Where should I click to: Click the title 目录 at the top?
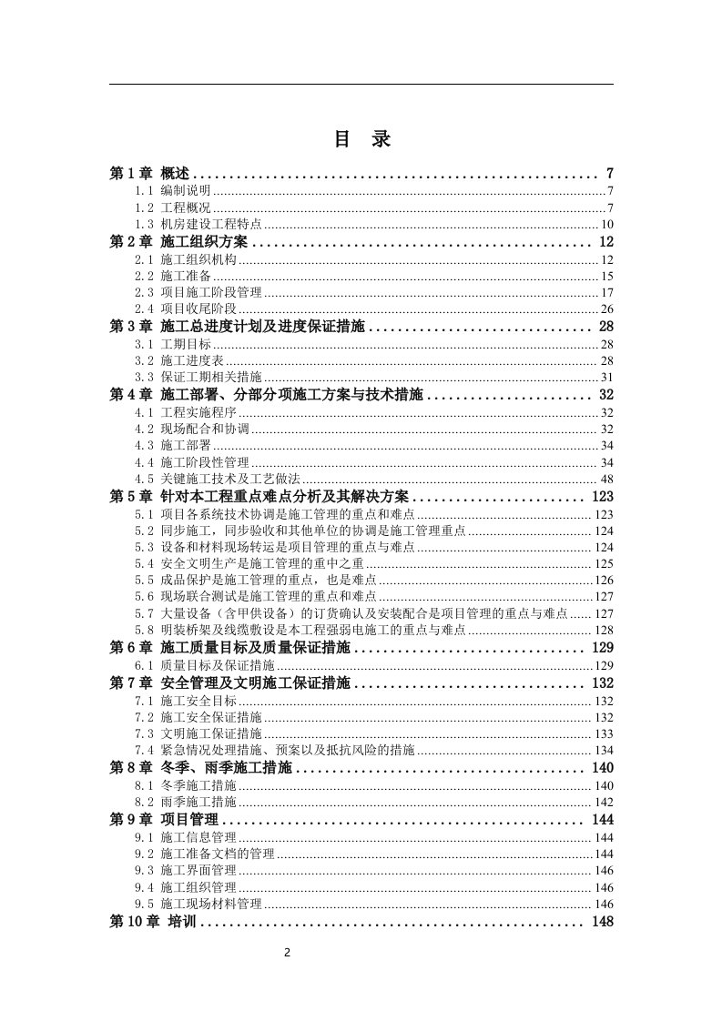pyautogui.click(x=361, y=140)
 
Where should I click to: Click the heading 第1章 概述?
pyautogui.click(x=149, y=173)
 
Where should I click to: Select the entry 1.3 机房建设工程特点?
pyautogui.click(x=198, y=224)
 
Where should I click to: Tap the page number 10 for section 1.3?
pyautogui.click(x=606, y=224)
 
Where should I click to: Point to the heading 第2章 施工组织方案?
pyautogui.click(x=179, y=241)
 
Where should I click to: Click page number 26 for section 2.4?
pyautogui.click(x=606, y=309)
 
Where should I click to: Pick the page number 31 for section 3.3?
pyautogui.click(x=606, y=378)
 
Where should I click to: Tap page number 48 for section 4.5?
pyautogui.click(x=606, y=480)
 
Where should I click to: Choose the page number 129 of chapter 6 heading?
pyautogui.click(x=602, y=646)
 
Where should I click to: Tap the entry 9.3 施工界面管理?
pyautogui.click(x=192, y=870)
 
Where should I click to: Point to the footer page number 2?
pyautogui.click(x=287, y=953)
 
